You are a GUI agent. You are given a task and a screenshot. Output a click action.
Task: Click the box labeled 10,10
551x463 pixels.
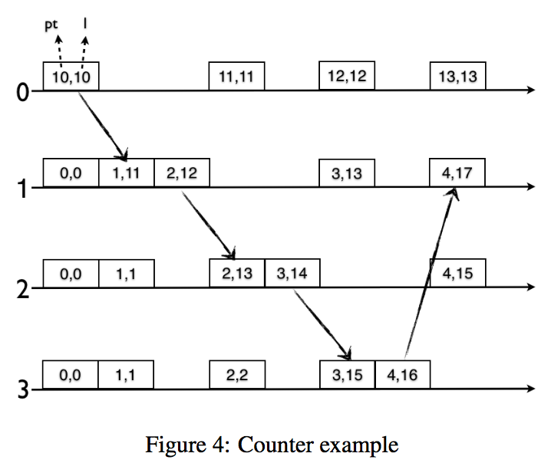pyautogui.click(x=71, y=77)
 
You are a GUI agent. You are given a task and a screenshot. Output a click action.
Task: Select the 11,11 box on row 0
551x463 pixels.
pyautogui.click(x=237, y=77)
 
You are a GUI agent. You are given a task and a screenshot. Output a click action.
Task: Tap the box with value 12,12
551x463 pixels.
pyautogui.click(x=347, y=77)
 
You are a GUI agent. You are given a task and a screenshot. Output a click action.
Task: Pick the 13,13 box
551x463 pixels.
pyautogui.click(x=457, y=77)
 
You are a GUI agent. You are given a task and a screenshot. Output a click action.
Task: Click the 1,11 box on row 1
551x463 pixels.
pyautogui.click(x=127, y=173)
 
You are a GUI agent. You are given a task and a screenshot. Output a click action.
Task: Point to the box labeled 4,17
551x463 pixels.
pyautogui.click(x=457, y=173)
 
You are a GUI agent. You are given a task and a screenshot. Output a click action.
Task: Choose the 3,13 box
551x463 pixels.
pyautogui.click(x=347, y=173)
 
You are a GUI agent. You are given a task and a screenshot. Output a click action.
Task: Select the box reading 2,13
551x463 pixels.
pyautogui.click(x=237, y=274)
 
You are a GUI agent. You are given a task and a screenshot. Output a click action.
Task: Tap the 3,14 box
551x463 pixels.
pyautogui.click(x=292, y=274)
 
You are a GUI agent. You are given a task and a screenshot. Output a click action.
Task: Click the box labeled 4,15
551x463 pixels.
pyautogui.click(x=457, y=274)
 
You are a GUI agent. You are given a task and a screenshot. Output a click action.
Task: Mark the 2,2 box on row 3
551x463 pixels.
pyautogui.click(x=237, y=375)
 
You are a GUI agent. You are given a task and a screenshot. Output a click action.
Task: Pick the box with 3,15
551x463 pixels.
pyautogui.click(x=347, y=375)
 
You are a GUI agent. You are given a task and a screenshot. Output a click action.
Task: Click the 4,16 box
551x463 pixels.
pyautogui.click(x=402, y=375)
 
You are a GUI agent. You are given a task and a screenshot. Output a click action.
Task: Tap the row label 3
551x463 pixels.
pyautogui.click(x=24, y=390)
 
